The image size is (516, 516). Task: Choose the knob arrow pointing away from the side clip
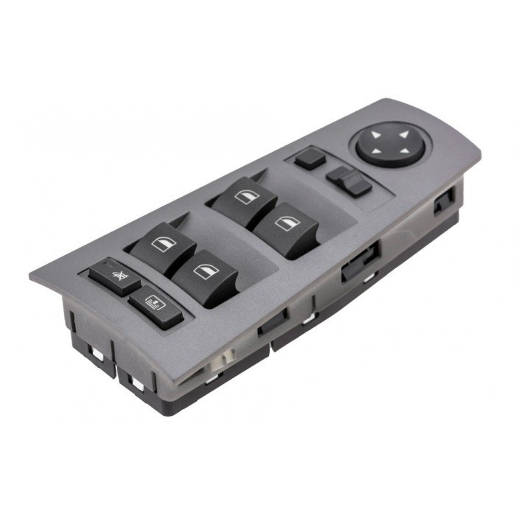click(376, 134)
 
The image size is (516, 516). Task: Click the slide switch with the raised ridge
click(349, 180)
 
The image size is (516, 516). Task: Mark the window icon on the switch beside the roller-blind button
click(202, 271)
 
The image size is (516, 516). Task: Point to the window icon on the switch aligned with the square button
click(243, 194)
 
